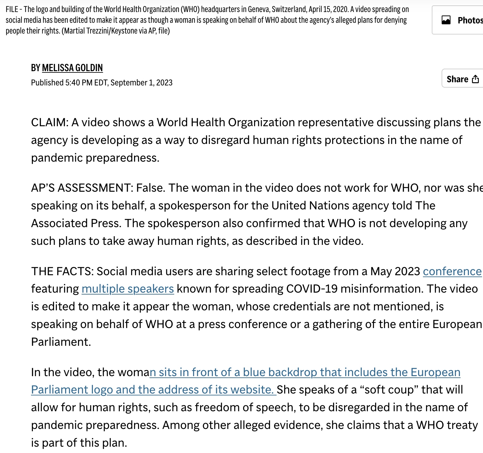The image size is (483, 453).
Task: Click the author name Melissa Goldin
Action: click(x=72, y=68)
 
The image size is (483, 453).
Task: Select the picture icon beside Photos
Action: click(x=446, y=20)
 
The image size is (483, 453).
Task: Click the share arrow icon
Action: click(x=475, y=79)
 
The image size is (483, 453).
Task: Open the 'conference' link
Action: click(x=452, y=271)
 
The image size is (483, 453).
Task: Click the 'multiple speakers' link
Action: click(x=128, y=289)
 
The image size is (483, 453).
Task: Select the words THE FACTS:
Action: click(x=62, y=271)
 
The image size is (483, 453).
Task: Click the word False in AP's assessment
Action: click(x=150, y=188)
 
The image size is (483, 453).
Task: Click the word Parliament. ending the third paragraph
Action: click(x=61, y=342)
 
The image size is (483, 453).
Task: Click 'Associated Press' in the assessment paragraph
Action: click(x=76, y=223)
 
